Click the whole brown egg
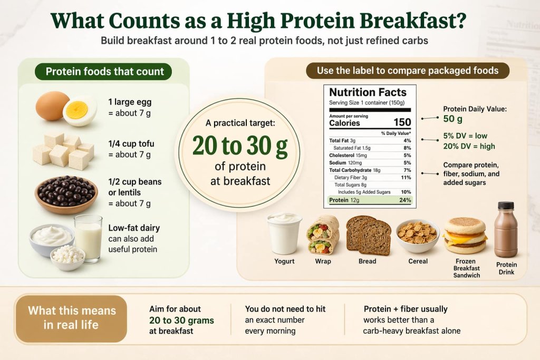pos(52,105)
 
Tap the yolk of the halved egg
pos(77,110)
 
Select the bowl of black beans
pos(66,193)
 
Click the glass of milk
pos(88,238)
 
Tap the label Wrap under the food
pos(323,261)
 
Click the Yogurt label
pos(284,261)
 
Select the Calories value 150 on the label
pos(402,123)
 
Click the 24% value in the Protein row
pos(404,200)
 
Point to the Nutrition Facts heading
pos(368,92)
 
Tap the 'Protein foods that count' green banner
pos(104,72)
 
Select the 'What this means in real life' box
pos(71,318)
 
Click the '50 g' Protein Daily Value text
pos(453,120)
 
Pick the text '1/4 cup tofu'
pos(131,144)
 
